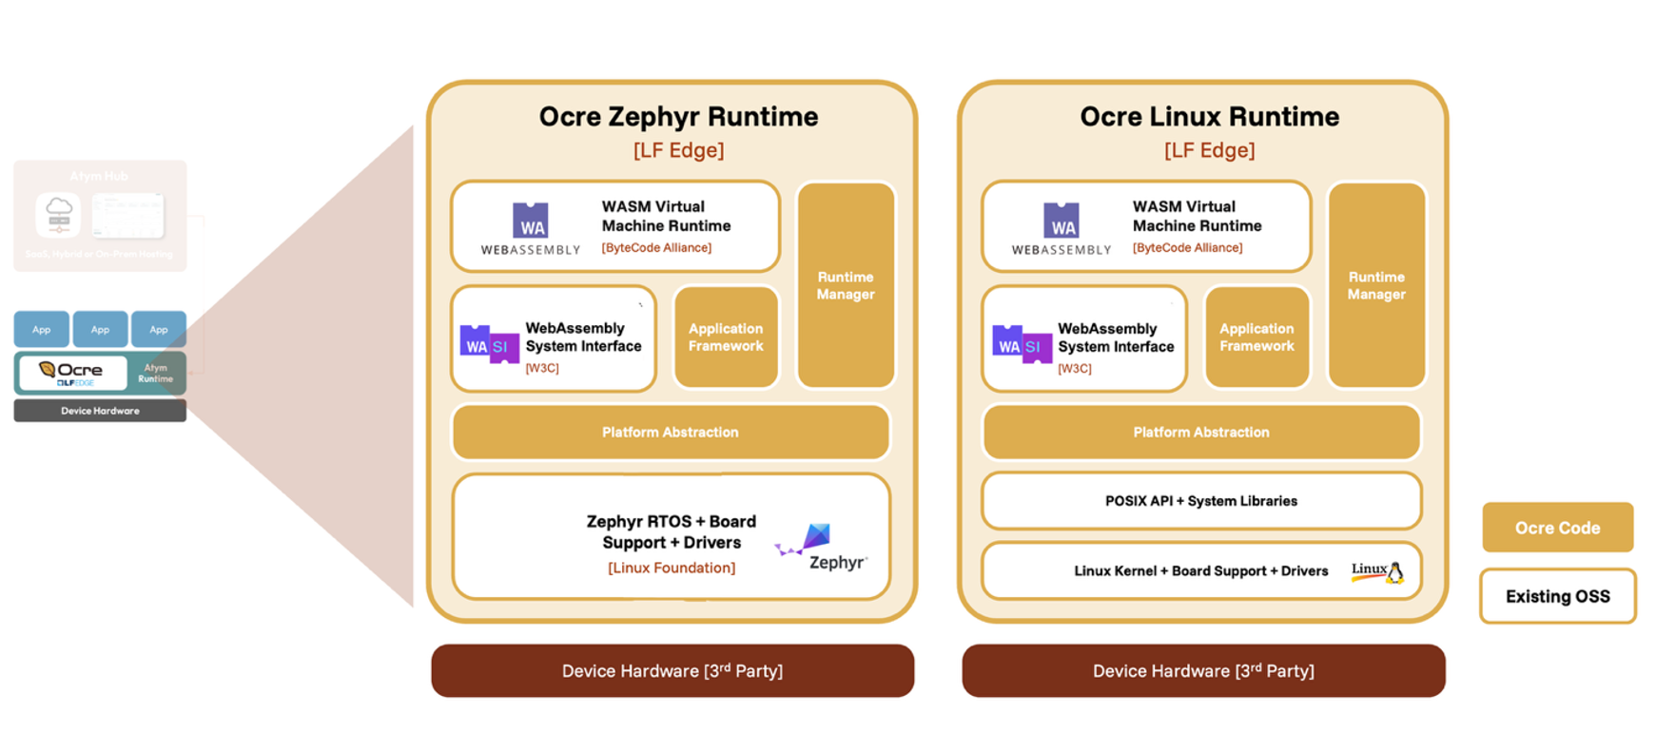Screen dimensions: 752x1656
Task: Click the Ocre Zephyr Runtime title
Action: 678,117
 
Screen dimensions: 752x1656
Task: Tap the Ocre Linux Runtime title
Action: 1209,117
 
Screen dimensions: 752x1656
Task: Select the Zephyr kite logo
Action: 814,538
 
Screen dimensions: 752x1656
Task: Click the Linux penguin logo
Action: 1395,571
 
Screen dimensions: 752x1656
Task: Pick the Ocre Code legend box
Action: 1557,528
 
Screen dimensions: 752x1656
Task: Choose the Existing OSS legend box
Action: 1557,596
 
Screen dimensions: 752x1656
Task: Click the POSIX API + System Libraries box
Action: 1200,501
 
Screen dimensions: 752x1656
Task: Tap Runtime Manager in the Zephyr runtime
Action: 846,285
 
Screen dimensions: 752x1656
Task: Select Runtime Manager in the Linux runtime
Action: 1376,285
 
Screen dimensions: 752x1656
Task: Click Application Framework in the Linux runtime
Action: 1257,337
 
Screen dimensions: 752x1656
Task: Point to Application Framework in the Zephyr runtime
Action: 726,337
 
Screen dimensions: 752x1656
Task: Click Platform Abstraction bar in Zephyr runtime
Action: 671,433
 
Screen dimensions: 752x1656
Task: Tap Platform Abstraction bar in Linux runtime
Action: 1200,433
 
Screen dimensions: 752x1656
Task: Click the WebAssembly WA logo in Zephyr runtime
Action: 531,222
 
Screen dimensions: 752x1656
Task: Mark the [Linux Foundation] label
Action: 672,568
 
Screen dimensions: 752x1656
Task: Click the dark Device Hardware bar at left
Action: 100,411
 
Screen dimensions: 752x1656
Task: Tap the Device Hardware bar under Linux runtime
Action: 1203,671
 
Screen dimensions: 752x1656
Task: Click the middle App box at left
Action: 100,329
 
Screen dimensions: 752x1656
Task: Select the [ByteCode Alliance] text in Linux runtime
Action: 1187,247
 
